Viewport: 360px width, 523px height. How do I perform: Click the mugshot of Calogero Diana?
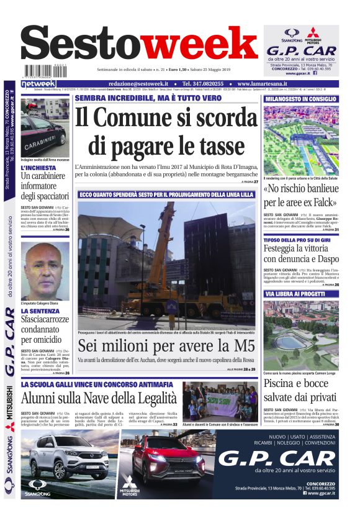point(45,267)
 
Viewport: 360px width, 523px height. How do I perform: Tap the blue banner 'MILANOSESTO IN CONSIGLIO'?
point(301,99)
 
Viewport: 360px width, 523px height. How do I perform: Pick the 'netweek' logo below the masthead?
point(38,83)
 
